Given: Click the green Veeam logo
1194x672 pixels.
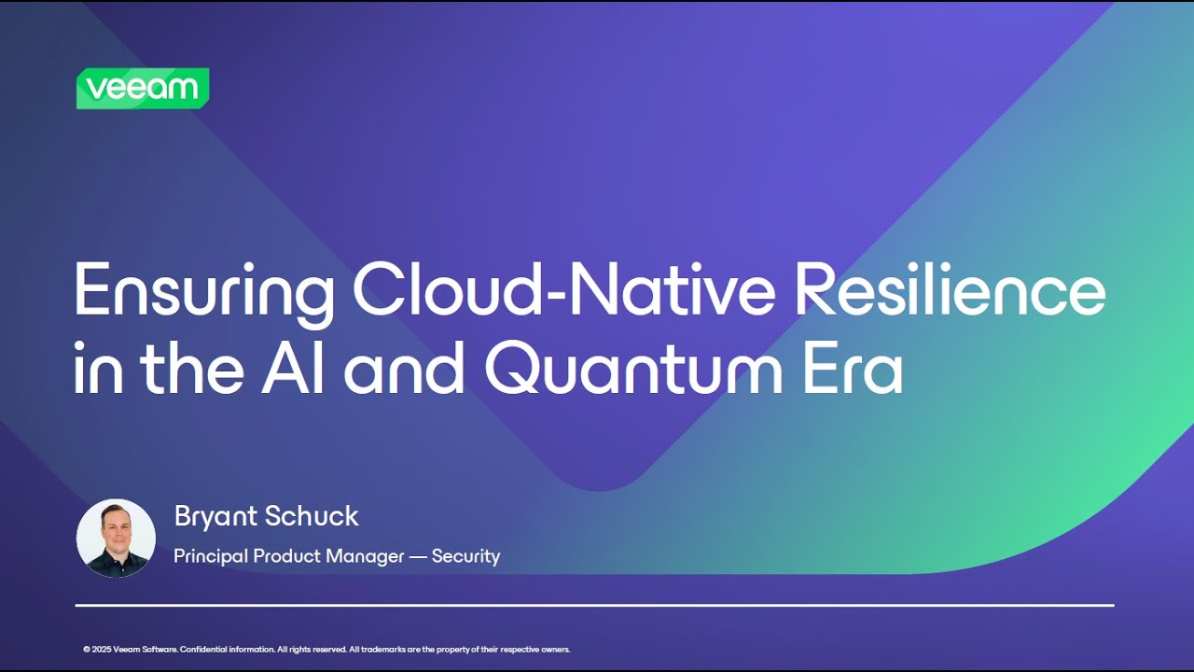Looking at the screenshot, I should coord(143,89).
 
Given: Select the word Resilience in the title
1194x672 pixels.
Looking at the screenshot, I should coord(950,291).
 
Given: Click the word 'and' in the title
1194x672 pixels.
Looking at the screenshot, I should coord(404,369).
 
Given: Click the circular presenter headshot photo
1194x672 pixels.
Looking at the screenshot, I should coord(116,538).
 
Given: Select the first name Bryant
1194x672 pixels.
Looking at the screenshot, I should coord(214,517).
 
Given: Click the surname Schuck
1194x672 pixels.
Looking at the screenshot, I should coord(312,516).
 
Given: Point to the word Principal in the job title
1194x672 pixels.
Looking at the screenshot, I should coord(211,556).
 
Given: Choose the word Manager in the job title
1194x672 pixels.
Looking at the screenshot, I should coord(365,556).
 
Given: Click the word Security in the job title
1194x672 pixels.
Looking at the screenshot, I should coord(465,556).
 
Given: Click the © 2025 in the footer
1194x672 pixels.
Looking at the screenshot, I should coord(97,650).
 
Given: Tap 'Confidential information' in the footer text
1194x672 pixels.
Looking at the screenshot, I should coord(227,650).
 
